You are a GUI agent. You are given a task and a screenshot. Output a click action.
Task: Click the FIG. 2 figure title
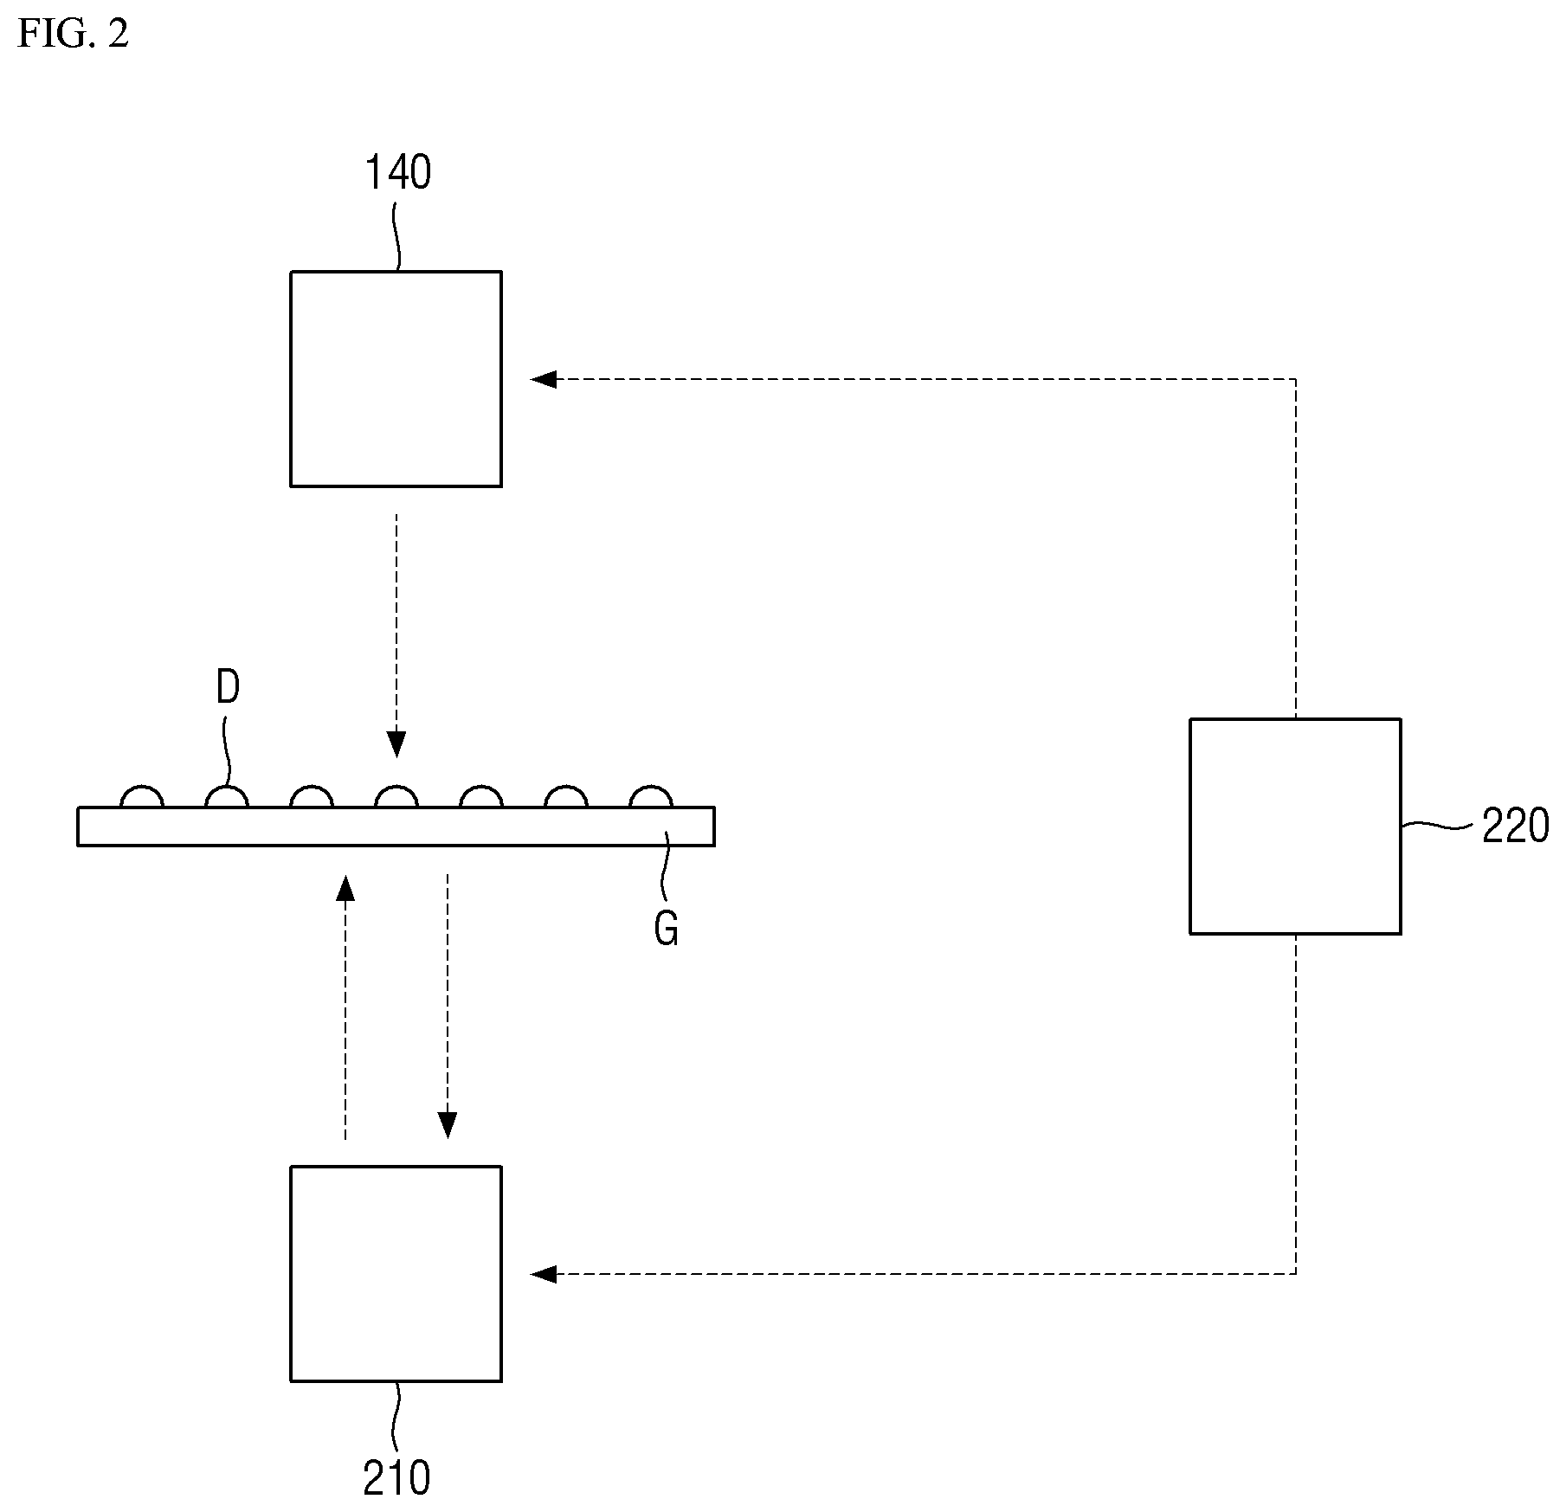[x=73, y=34]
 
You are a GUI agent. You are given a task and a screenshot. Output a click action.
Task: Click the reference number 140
[x=397, y=172]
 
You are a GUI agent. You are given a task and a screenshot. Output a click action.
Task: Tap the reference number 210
[x=396, y=1478]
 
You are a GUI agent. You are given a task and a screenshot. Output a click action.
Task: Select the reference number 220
[x=1515, y=827]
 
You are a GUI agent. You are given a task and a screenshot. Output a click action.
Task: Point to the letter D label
[x=228, y=688]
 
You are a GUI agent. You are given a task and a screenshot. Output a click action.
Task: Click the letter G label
[x=666, y=930]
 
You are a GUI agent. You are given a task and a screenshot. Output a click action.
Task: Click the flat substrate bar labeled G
[x=396, y=827]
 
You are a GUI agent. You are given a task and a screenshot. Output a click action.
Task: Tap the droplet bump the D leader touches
[x=226, y=788]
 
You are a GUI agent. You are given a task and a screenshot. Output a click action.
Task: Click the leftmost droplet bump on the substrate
[x=141, y=788]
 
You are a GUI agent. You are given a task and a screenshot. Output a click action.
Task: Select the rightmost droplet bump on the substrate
[x=651, y=788]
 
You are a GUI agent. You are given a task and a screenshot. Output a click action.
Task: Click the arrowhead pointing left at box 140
[x=543, y=379]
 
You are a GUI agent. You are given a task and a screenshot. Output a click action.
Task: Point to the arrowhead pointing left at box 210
[x=543, y=1274]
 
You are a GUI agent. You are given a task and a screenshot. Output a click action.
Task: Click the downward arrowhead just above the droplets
[x=396, y=745]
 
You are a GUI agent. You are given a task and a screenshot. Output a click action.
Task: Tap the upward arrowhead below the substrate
[x=345, y=887]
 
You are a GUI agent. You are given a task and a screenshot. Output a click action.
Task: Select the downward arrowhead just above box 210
[x=448, y=1125]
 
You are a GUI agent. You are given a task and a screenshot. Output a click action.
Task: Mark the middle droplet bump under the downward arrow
[x=396, y=788]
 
